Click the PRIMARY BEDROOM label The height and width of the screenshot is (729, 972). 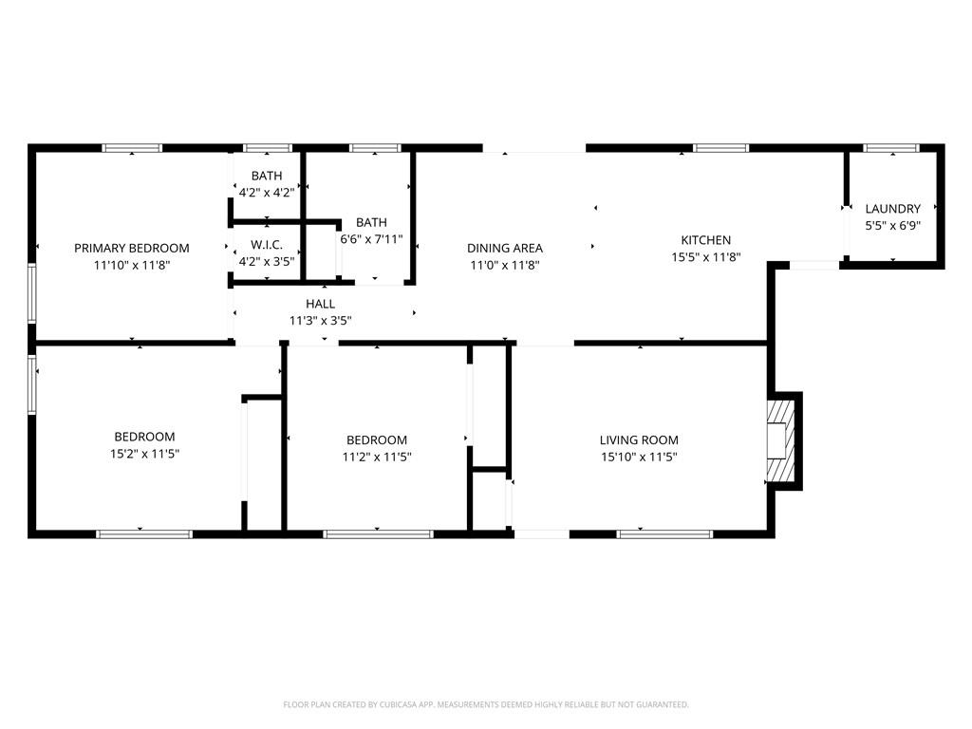[x=131, y=248]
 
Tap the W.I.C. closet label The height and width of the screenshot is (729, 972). [x=267, y=245]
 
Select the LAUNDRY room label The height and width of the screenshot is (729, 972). [x=892, y=209]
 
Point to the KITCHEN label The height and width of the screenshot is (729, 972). [x=706, y=240]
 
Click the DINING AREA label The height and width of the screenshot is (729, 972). [x=505, y=248]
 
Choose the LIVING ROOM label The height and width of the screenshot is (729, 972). [x=639, y=440]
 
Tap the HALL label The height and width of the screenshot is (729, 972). [x=321, y=304]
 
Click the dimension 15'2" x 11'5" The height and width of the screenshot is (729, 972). [x=144, y=454]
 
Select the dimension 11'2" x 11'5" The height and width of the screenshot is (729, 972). [x=377, y=458]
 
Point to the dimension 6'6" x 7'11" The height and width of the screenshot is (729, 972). [x=371, y=238]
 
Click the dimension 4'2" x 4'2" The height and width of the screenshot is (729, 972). [x=267, y=193]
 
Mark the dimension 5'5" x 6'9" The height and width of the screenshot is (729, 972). [x=892, y=226]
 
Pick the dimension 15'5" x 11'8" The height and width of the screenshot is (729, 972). [x=706, y=257]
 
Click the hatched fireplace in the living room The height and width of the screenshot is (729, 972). [x=780, y=440]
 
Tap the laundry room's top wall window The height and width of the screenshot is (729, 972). [x=891, y=148]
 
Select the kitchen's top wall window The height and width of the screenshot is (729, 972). [x=721, y=148]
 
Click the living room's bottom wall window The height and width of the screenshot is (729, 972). [x=665, y=533]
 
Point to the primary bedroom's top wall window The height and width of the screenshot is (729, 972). [x=132, y=148]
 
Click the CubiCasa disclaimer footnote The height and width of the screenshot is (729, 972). [x=486, y=705]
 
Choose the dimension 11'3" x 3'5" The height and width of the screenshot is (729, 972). [x=321, y=321]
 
